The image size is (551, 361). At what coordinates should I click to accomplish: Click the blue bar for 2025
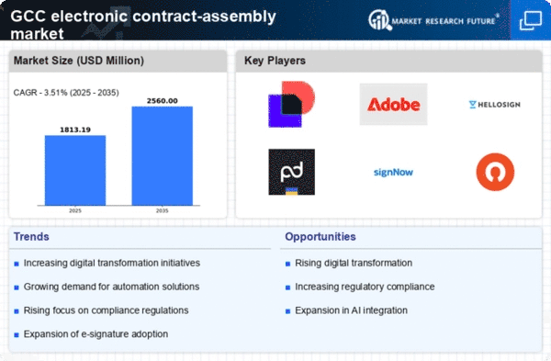pyautogui.click(x=75, y=170)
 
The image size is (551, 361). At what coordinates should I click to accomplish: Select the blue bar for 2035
pyautogui.click(x=162, y=156)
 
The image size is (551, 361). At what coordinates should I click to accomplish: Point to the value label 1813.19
pyautogui.click(x=75, y=130)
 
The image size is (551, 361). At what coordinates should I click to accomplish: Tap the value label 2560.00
pyautogui.click(x=162, y=101)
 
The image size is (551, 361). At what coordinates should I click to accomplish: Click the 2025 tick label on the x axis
pyautogui.click(x=75, y=210)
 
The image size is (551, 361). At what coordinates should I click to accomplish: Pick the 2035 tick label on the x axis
pyautogui.click(x=162, y=210)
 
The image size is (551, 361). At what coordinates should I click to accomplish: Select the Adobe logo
pyautogui.click(x=393, y=105)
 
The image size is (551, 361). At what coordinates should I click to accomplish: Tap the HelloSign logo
pyautogui.click(x=494, y=105)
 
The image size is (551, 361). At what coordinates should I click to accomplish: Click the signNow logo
pyautogui.click(x=393, y=173)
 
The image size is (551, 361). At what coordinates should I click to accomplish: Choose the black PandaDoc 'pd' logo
pyautogui.click(x=292, y=172)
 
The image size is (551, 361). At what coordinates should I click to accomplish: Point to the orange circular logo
pyautogui.click(x=495, y=172)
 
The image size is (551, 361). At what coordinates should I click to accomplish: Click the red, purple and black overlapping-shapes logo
pyautogui.click(x=292, y=104)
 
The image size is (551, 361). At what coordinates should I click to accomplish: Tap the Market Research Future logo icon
pyautogui.click(x=379, y=19)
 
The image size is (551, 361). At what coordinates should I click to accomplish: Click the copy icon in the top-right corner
pyautogui.click(x=531, y=21)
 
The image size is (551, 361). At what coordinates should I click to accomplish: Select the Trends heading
pyautogui.click(x=31, y=237)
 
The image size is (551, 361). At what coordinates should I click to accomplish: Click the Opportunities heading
pyautogui.click(x=320, y=237)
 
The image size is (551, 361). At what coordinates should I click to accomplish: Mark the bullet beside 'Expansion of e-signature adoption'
pyautogui.click(x=17, y=335)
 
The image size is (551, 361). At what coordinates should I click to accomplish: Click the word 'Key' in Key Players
pyautogui.click(x=253, y=61)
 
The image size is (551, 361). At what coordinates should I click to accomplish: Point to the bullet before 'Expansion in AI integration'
pyautogui.click(x=287, y=311)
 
